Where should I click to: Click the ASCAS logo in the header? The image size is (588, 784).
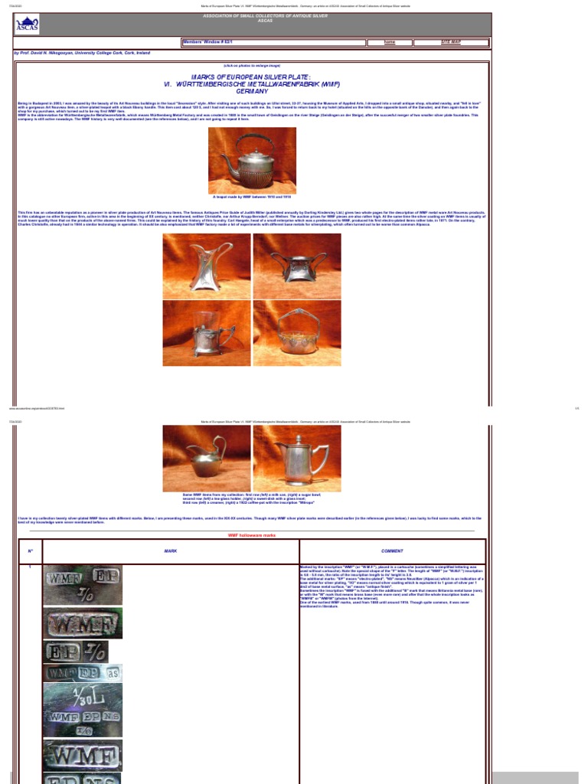click(26, 25)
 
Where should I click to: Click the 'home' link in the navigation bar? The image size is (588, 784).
click(390, 43)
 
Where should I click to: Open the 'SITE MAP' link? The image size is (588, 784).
click(451, 43)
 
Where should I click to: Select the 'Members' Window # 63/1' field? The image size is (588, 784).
click(273, 43)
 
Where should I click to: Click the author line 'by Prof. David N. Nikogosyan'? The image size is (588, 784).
click(82, 54)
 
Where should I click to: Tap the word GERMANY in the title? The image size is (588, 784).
click(252, 90)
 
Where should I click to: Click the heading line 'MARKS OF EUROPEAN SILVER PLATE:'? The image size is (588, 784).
click(252, 77)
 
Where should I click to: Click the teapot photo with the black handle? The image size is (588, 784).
click(252, 161)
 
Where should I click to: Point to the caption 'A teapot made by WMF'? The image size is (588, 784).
click(252, 197)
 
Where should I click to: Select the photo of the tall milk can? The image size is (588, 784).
click(207, 266)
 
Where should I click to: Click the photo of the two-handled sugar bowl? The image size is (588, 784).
click(297, 266)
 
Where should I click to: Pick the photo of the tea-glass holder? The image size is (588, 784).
click(207, 333)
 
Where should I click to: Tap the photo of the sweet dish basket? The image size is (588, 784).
click(297, 333)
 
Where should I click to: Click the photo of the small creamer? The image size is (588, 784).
click(207, 458)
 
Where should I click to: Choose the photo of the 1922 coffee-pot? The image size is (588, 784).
click(297, 458)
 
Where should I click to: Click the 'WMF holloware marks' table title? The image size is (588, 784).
click(252, 535)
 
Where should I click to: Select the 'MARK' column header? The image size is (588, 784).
click(170, 551)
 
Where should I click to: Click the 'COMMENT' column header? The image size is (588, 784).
click(392, 551)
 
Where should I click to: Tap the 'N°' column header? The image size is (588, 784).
click(31, 551)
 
